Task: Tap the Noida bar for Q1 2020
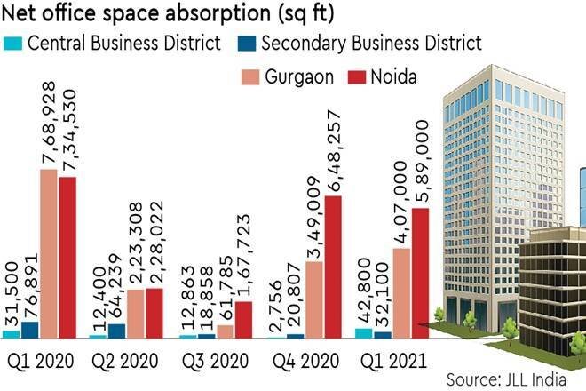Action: pyautogui.click(x=67, y=258)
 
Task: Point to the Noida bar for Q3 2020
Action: pyautogui.click(x=243, y=320)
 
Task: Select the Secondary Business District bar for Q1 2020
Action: pyautogui.click(x=29, y=330)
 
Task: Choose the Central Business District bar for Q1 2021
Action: pyautogui.click(x=362, y=333)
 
